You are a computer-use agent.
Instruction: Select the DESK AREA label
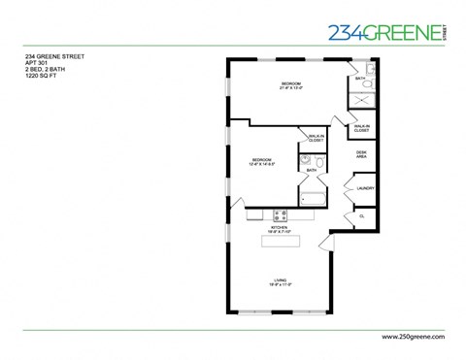tap(361, 153)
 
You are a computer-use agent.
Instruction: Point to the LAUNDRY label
tap(365, 188)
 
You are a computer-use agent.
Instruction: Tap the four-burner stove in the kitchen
tap(280, 214)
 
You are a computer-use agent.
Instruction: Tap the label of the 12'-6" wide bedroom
tap(261, 161)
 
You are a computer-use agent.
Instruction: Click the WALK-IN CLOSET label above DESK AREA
tap(361, 127)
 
